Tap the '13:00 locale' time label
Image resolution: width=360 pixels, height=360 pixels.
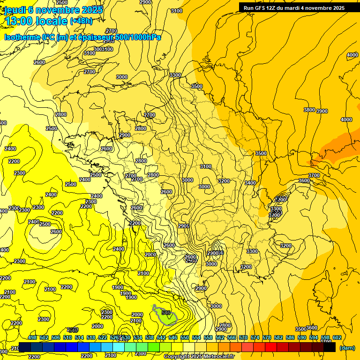click(35, 21)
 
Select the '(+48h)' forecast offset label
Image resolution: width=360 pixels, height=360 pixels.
click(81, 21)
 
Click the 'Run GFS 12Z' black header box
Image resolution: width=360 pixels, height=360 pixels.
click(294, 7)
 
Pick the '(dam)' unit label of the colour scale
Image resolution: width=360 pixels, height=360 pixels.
click(346, 348)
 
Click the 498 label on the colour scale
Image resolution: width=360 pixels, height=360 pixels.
click(32, 337)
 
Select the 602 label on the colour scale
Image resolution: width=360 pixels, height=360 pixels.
click(337, 337)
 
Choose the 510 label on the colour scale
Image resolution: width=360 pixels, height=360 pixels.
click(67, 337)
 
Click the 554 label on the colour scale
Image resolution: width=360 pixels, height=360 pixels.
click(196, 337)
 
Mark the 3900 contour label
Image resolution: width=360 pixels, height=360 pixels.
click(322, 111)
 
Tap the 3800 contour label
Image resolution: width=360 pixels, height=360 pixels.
click(309, 110)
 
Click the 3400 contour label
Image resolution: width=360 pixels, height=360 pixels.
click(250, 183)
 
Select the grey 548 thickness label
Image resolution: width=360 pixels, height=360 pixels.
click(165, 313)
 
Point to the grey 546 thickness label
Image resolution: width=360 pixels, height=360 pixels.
click(72, 330)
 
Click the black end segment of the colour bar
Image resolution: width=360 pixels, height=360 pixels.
click(330, 347)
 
